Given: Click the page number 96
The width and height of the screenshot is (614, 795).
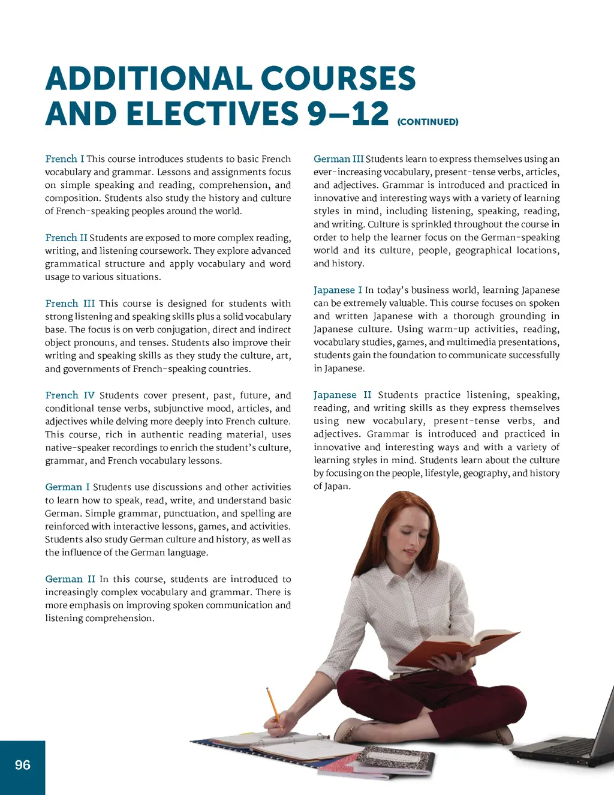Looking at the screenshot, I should [23, 765].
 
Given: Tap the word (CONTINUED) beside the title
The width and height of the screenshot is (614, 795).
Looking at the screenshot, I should [428, 122].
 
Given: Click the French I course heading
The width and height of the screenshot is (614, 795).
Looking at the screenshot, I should [65, 159].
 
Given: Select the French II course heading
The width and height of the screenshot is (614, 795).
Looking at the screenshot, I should [66, 238].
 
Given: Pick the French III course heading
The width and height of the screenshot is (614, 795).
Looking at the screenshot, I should [70, 304].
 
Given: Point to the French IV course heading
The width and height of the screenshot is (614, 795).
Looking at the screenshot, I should [70, 395].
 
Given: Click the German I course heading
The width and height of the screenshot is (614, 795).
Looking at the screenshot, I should [67, 487].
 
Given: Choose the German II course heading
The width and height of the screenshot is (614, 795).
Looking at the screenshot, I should [70, 579].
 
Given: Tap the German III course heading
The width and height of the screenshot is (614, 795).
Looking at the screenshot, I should [338, 159].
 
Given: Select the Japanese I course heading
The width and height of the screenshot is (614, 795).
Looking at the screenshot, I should [338, 290].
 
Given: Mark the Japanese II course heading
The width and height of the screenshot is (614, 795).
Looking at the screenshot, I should [342, 395].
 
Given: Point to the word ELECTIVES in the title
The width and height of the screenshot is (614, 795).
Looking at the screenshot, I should [212, 113].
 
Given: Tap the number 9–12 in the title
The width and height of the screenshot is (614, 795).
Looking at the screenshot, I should [348, 113].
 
